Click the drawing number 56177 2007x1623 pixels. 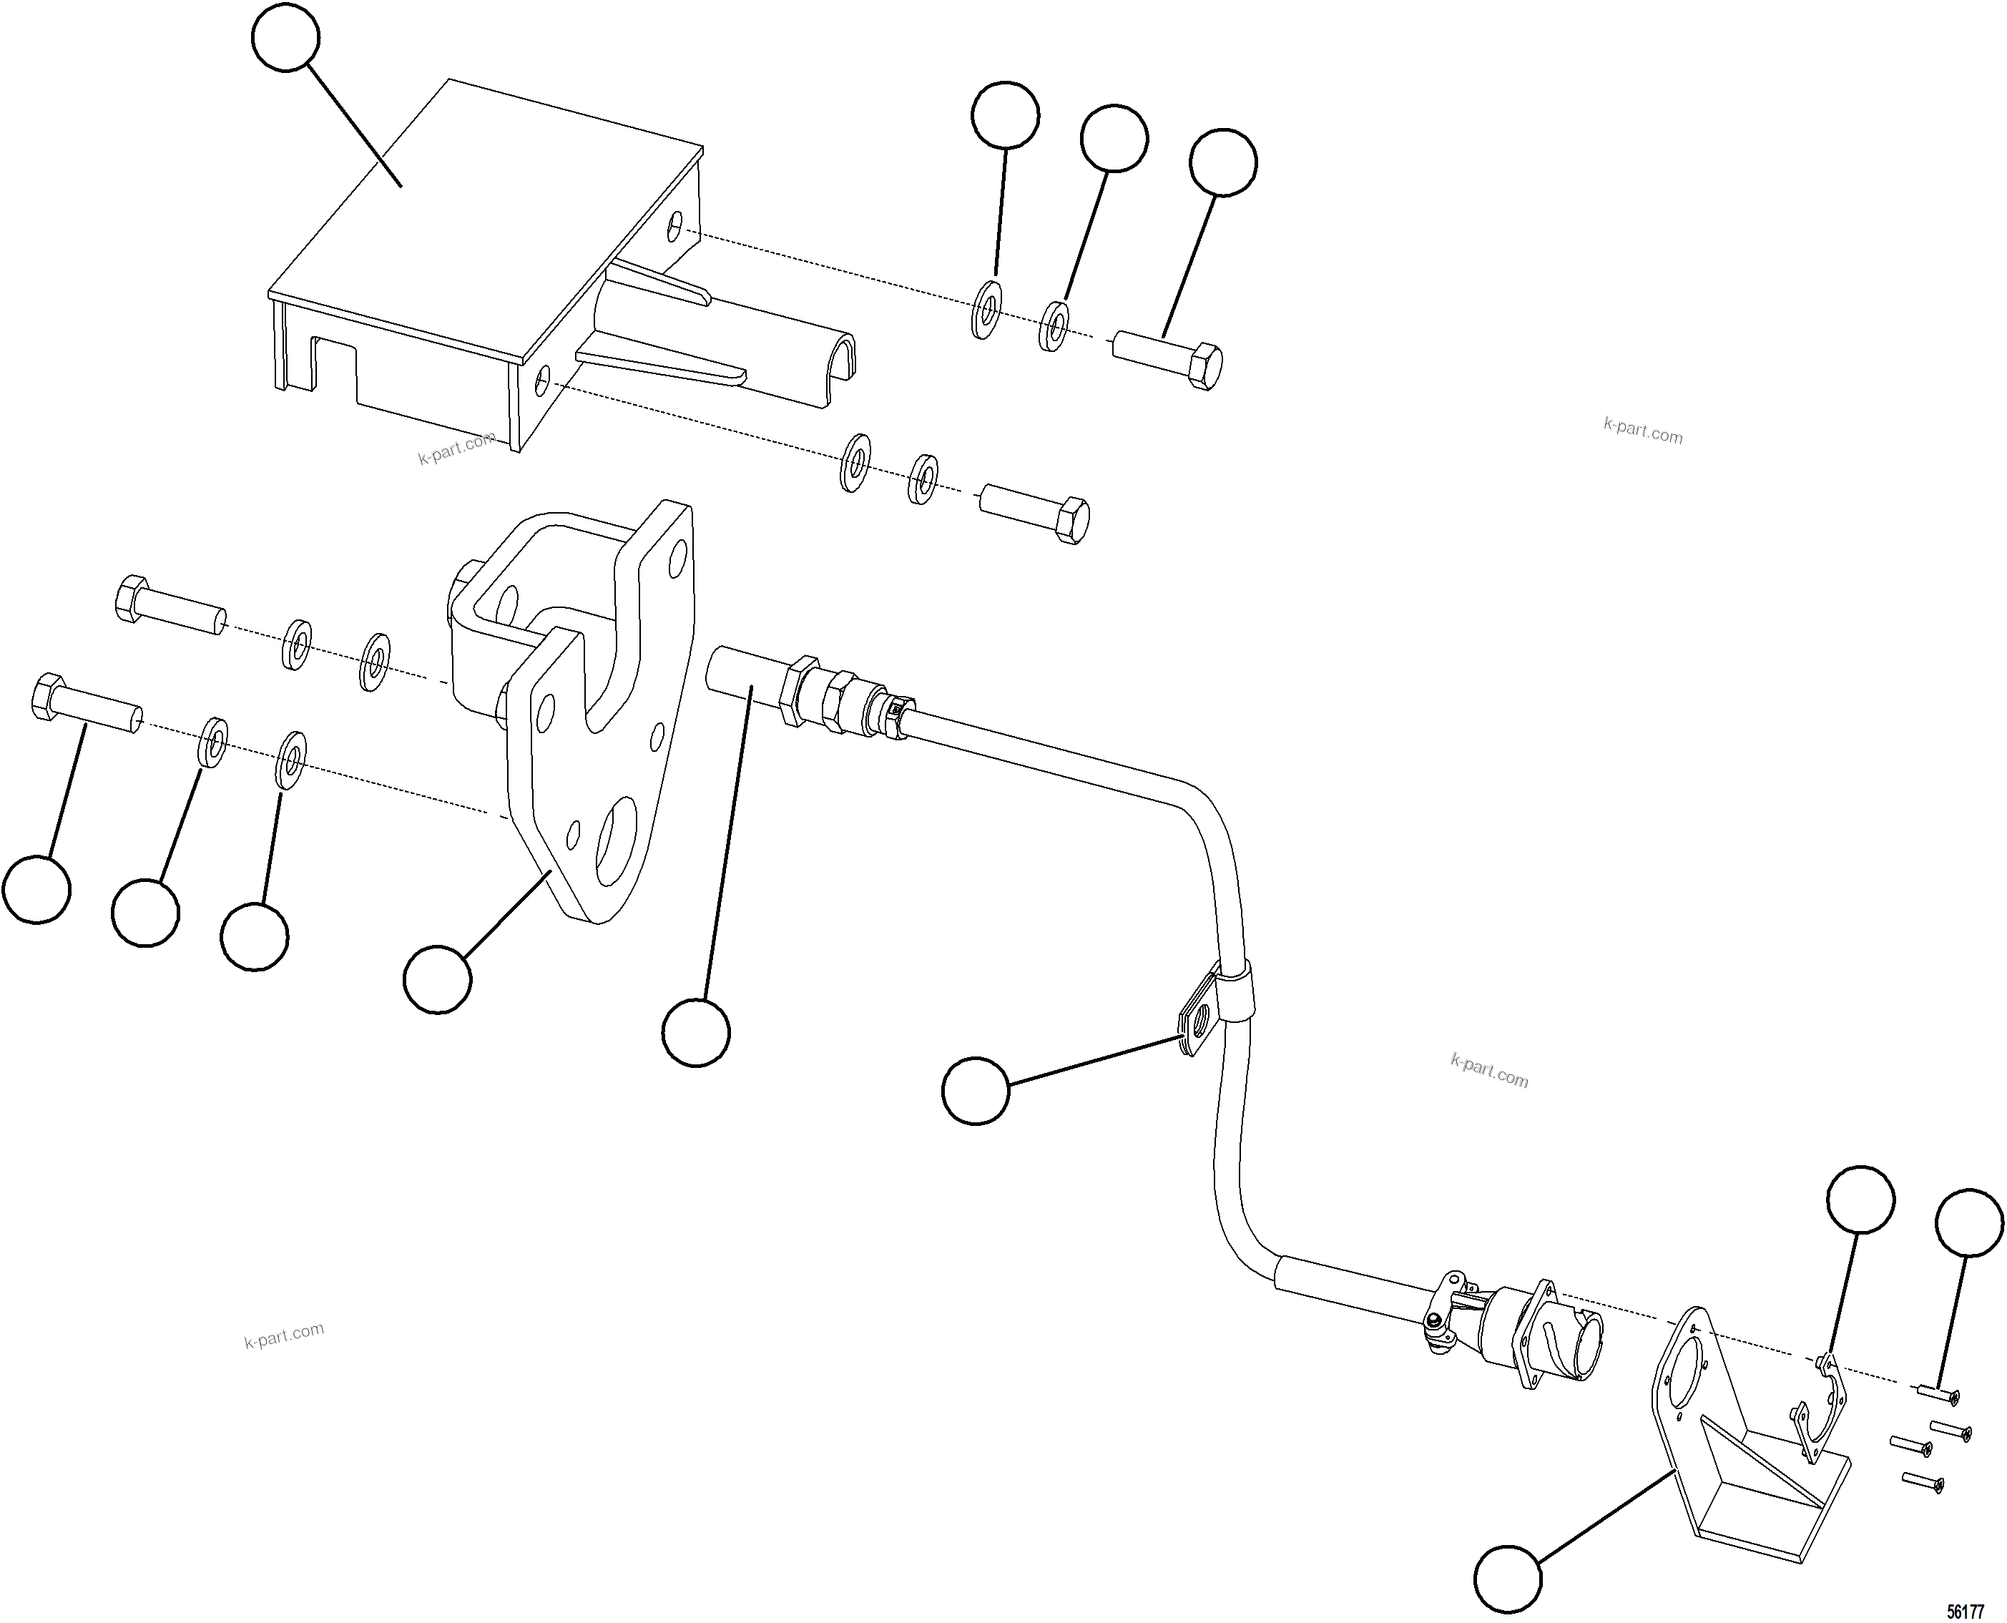1965,1612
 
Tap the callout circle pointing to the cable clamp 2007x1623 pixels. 976,1090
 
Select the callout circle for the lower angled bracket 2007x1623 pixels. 1508,1579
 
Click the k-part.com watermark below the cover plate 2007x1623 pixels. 456,448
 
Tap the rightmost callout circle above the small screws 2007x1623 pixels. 1968,1222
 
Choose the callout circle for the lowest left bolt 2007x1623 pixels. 36,889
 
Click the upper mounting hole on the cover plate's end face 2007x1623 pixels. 675,225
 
